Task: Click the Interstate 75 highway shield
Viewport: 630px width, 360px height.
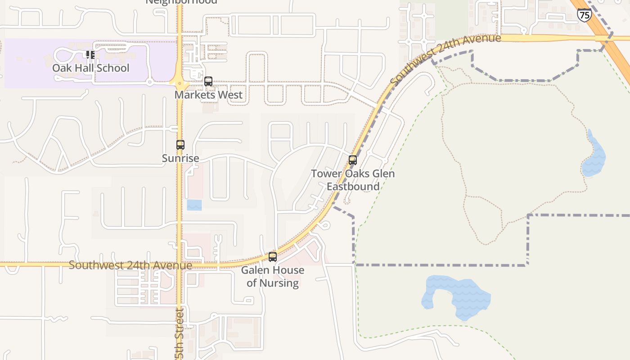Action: coord(584,15)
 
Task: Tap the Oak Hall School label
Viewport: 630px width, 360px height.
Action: coord(90,68)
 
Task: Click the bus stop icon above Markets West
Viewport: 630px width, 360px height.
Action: coord(208,81)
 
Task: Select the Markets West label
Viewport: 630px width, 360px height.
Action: coord(208,95)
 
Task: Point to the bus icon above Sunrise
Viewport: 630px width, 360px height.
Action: coord(180,145)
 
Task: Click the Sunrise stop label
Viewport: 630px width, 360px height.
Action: coord(180,158)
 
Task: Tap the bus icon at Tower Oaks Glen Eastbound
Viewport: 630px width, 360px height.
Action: coord(353,160)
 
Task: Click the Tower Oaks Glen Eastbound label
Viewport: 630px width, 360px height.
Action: coord(353,180)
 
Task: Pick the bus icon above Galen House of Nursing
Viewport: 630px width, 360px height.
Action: coord(273,257)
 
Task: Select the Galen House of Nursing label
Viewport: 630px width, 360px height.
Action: coord(273,276)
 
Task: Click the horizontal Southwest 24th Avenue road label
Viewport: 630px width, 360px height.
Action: coord(130,265)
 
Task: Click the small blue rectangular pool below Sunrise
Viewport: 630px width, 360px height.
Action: coord(194,205)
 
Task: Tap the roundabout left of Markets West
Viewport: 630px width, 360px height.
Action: coord(180,83)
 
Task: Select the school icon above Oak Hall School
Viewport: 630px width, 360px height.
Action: coord(90,55)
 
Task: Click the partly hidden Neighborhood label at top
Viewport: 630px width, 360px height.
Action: coord(181,1)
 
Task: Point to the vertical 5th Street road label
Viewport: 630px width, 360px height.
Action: coord(180,333)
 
